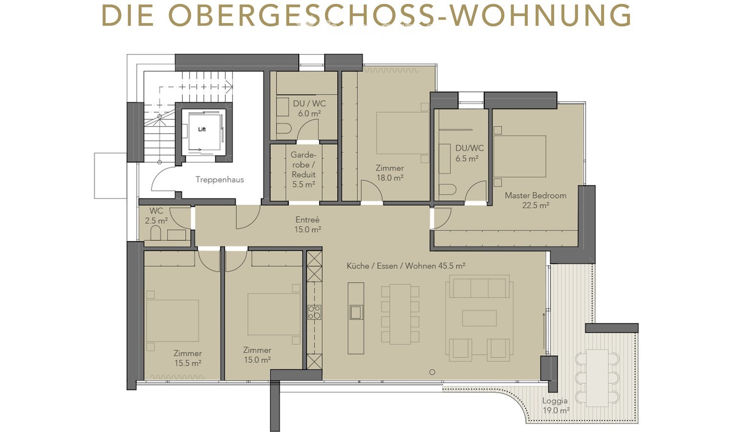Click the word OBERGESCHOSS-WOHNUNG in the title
(400, 16)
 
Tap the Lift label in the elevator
(202, 130)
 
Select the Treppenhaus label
(219, 179)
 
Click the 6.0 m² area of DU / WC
(309, 113)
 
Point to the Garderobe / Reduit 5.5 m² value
(303, 185)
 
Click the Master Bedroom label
(535, 195)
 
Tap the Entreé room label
(307, 219)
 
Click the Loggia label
(555, 401)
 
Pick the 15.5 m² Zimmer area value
(188, 363)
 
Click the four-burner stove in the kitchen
(314, 312)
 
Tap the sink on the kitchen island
(356, 312)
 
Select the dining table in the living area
(400, 314)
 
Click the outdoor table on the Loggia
(597, 377)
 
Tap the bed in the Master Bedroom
(520, 156)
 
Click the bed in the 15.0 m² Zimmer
(274, 314)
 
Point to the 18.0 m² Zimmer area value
(389, 178)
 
